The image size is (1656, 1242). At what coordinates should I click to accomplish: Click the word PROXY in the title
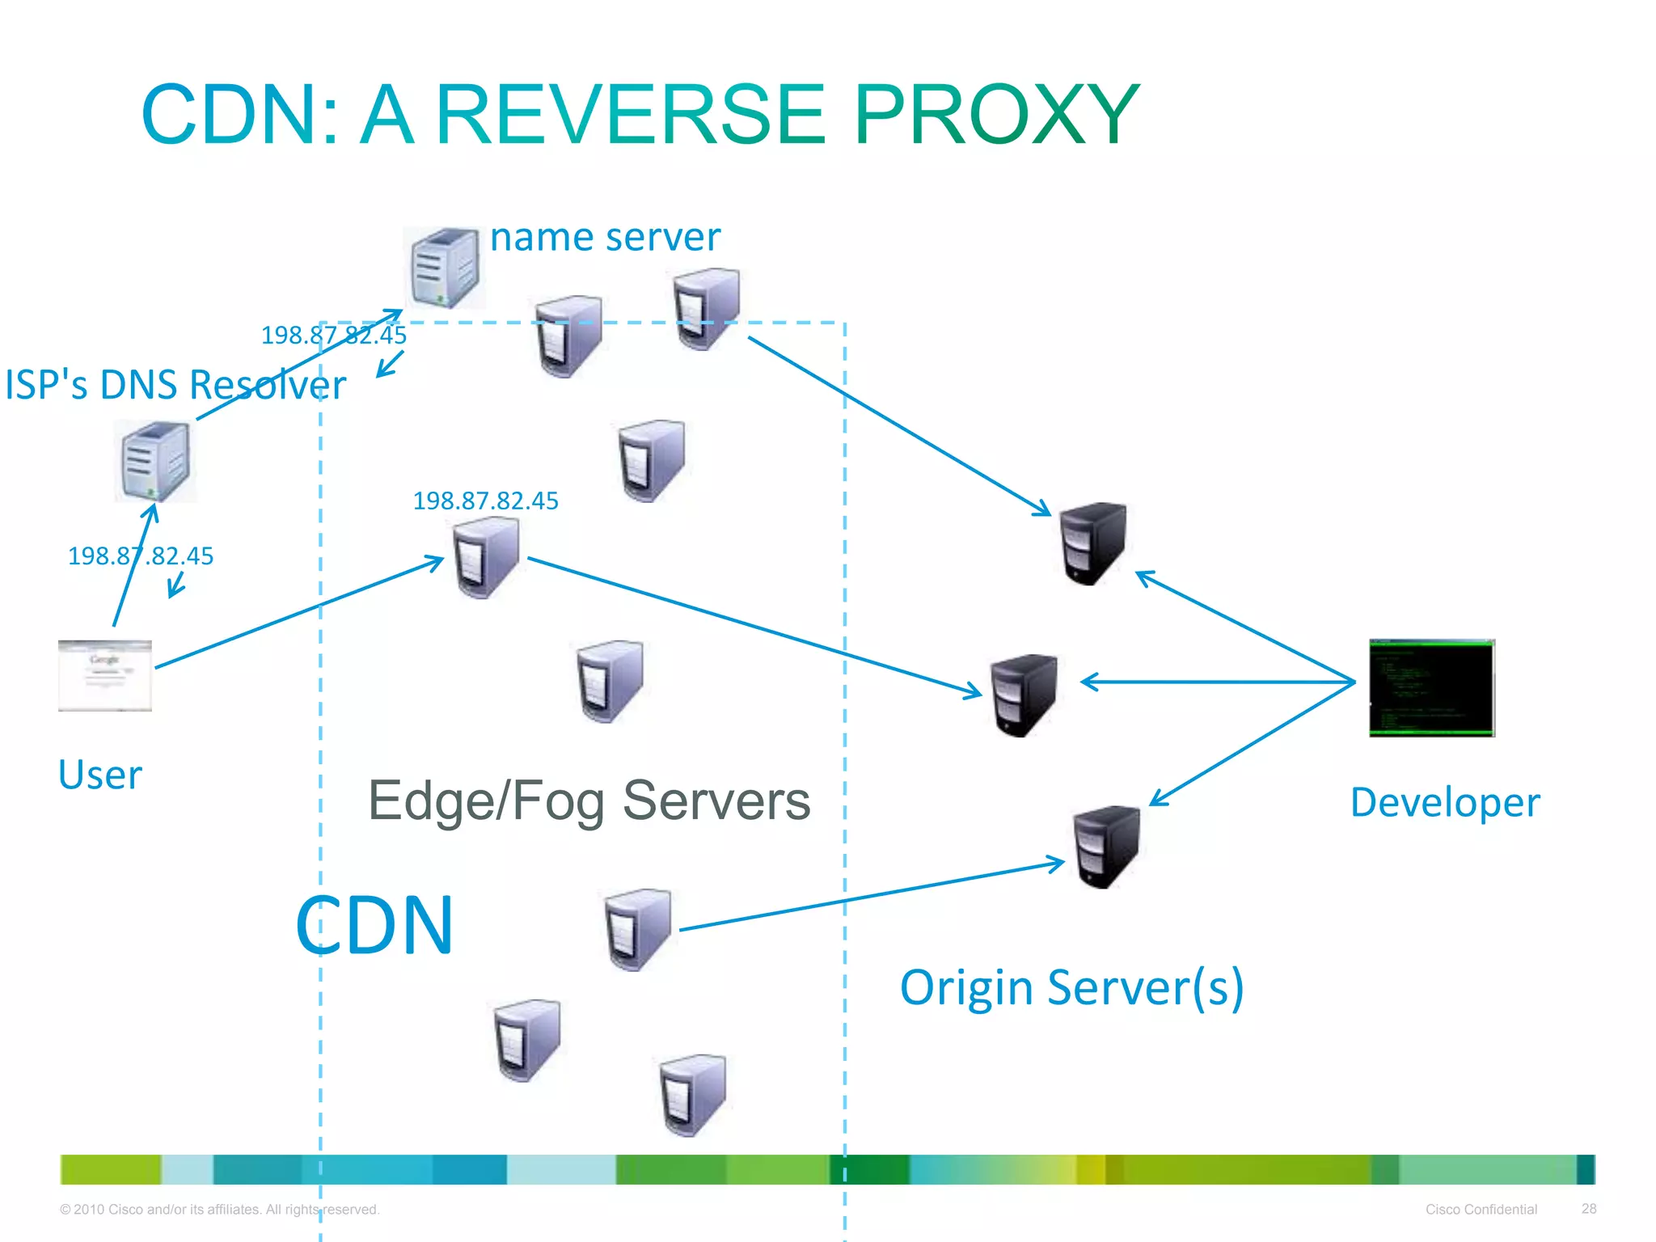pos(996,115)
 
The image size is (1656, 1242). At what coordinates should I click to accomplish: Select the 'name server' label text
pos(605,238)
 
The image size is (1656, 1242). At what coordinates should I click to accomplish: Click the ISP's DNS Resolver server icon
pos(155,462)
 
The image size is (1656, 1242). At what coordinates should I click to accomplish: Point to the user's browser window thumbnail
pos(105,675)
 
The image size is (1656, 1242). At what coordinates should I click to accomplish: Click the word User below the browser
pos(100,775)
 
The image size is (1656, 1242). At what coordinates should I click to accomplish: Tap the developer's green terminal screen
pos(1431,687)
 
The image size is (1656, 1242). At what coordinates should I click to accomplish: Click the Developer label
pos(1445,803)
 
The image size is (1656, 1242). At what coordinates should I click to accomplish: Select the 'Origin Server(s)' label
pos(1071,987)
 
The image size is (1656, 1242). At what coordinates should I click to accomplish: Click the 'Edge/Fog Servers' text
pos(589,801)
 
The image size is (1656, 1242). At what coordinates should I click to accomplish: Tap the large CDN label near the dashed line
pos(374,926)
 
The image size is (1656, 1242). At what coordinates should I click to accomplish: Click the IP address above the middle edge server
pos(485,501)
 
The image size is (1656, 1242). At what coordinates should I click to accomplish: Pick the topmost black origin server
pos(1092,543)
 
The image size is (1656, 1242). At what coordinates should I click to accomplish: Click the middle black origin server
pos(1024,695)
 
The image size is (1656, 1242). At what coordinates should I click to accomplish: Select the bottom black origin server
pos(1105,847)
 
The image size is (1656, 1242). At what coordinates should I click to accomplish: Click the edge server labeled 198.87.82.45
pos(485,558)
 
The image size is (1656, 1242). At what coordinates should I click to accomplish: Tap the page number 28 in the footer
pos(1588,1209)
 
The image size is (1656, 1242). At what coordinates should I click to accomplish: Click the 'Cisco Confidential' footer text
pos(1481,1210)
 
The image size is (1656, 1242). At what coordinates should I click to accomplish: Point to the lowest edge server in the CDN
pos(692,1095)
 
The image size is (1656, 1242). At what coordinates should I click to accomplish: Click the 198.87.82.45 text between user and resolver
pos(141,556)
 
